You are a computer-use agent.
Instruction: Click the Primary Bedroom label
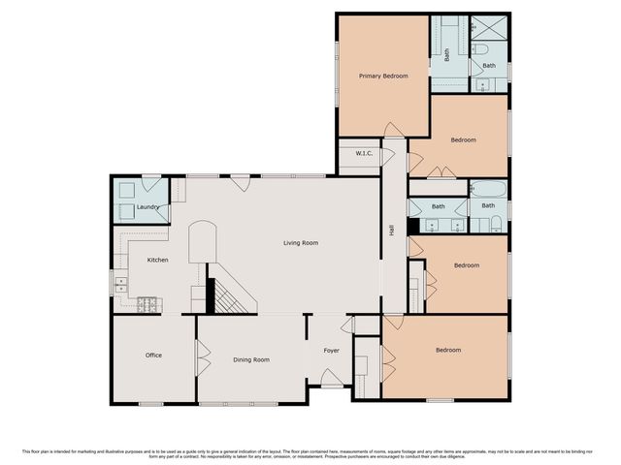382,76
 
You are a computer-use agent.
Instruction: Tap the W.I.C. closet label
365,153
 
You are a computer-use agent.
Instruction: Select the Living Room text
300,243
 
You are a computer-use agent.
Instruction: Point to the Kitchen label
158,260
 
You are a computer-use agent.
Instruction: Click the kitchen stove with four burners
149,304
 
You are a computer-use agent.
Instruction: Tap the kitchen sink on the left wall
120,284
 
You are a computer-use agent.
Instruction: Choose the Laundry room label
147,207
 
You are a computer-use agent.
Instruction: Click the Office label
153,356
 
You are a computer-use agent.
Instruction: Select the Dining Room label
251,359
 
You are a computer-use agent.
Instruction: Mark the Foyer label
331,351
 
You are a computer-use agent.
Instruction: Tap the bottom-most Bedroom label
447,350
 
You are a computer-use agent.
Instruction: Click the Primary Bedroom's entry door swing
391,130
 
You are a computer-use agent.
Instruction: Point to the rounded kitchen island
200,240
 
